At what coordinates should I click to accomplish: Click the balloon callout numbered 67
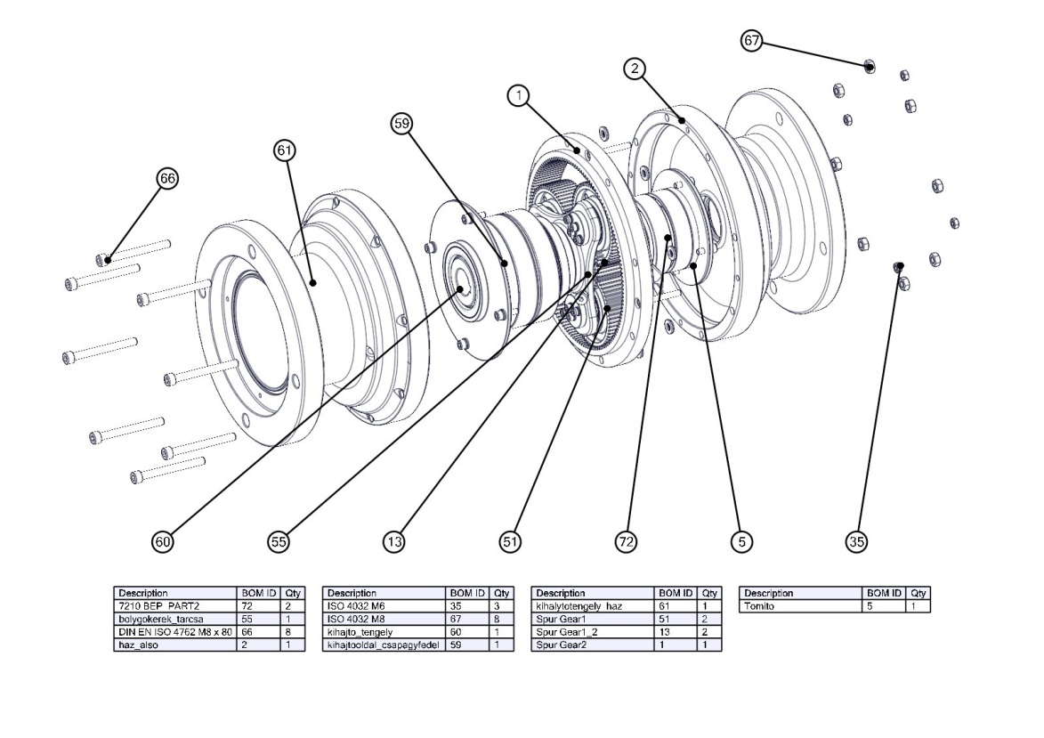point(752,41)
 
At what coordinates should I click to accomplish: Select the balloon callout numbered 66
point(166,178)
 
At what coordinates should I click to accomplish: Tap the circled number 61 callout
point(285,151)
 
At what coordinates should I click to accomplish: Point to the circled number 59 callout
point(402,124)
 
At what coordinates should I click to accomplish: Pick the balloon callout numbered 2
point(635,69)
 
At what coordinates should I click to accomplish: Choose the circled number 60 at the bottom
point(163,540)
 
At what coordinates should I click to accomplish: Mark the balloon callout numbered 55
point(279,540)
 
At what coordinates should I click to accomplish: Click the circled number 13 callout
point(394,540)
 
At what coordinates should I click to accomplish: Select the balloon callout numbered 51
point(510,540)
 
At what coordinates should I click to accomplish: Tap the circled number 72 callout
point(627,540)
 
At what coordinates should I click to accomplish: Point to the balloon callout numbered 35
point(857,540)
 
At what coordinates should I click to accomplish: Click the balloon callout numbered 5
point(741,540)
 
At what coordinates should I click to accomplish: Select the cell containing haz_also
point(174,645)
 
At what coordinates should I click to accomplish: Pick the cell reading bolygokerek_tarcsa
point(174,620)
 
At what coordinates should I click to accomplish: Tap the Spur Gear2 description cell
point(592,645)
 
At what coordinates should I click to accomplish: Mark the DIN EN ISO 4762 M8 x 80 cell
point(174,632)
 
